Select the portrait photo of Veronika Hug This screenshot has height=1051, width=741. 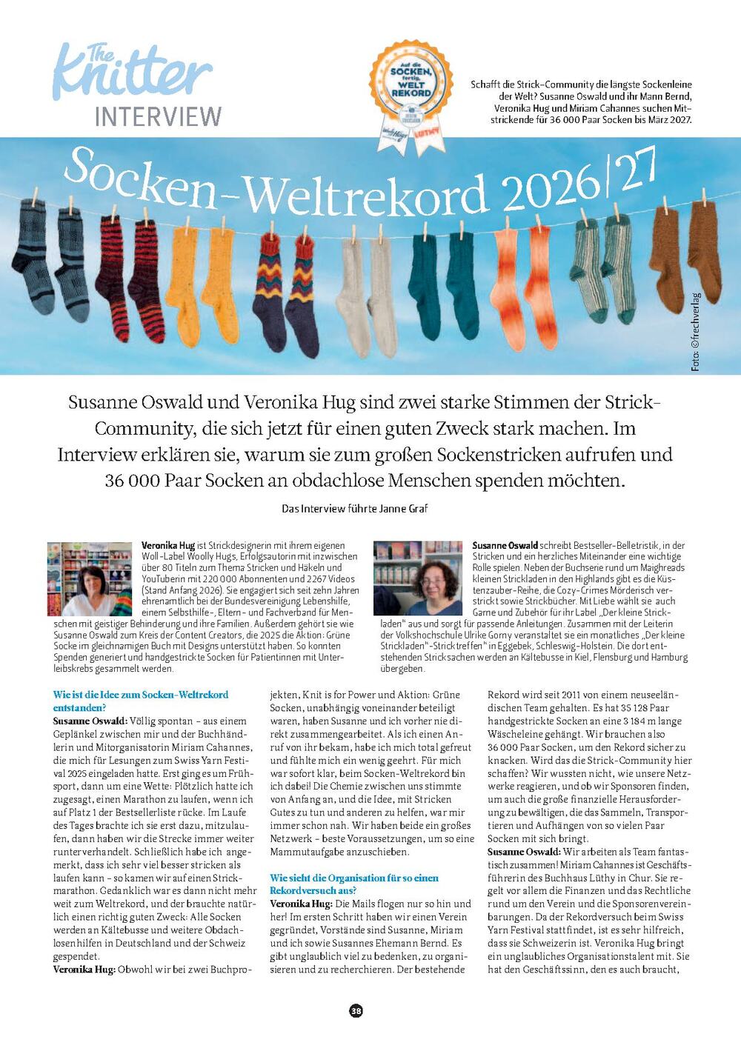coord(90,578)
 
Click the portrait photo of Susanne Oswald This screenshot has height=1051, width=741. coord(418,578)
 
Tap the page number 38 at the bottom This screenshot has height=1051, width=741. coord(356,1011)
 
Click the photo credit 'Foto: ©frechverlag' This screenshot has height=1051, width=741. coord(695,332)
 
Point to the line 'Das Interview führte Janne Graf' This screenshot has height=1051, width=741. coord(355,509)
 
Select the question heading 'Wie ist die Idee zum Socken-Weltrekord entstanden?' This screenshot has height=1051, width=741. coord(141,701)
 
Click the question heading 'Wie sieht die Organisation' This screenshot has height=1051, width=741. coord(354,884)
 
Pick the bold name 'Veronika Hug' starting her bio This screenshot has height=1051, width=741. coord(169,545)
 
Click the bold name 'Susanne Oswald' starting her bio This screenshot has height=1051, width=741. coord(505,545)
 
